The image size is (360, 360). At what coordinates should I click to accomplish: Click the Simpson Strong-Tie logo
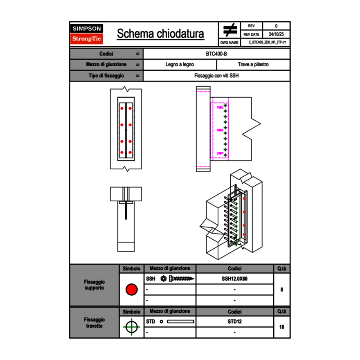[x=87, y=34]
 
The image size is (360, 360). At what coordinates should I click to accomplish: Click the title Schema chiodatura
[x=160, y=34]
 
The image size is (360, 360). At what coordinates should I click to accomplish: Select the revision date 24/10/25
[x=276, y=34]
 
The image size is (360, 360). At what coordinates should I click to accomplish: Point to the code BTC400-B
[x=216, y=54]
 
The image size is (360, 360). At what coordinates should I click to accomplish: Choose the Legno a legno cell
[x=180, y=65]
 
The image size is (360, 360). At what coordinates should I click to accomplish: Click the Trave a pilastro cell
[x=253, y=65]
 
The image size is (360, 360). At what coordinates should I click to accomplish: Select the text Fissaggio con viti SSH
[x=216, y=76]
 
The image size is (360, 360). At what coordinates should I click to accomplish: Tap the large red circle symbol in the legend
[x=131, y=290]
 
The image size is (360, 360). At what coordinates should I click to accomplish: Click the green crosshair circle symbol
[x=131, y=327]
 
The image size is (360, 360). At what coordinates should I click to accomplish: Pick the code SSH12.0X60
[x=234, y=279]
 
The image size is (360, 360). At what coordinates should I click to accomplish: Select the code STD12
[x=234, y=322]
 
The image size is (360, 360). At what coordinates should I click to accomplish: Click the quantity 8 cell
[x=281, y=290]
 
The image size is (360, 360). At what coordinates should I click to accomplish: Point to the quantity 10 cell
[x=281, y=327]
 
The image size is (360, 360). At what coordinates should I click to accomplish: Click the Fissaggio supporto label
[x=94, y=285]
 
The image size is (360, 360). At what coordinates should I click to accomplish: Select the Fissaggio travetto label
[x=94, y=322]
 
